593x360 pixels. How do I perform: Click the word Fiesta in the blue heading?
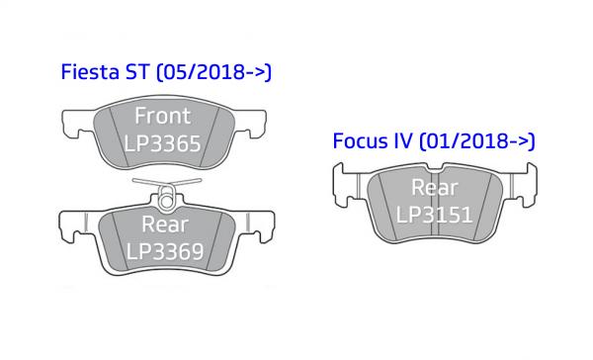(90, 71)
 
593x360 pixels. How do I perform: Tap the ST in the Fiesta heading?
(137, 71)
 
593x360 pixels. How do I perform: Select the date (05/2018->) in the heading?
(214, 72)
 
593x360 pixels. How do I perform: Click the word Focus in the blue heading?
(361, 140)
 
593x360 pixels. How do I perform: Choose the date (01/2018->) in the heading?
(477, 141)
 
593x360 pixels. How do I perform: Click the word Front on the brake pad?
(163, 116)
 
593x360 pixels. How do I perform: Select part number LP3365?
(163, 143)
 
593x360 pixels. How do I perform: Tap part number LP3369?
(165, 251)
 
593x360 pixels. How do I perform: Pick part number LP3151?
(434, 215)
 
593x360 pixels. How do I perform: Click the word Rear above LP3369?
(165, 225)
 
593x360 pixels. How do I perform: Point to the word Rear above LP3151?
(435, 187)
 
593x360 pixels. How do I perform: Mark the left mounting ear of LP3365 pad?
(77, 124)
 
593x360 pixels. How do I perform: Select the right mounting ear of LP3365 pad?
(250, 124)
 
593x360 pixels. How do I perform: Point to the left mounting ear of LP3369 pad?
(77, 226)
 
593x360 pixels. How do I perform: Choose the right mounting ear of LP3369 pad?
(256, 226)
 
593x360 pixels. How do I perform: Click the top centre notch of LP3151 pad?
(435, 167)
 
